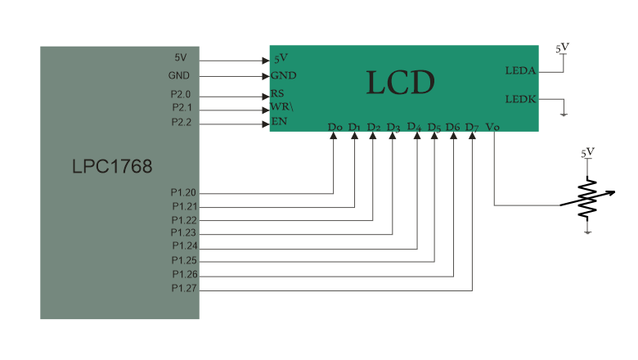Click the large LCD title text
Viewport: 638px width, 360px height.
point(400,83)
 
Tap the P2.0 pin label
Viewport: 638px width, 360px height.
point(181,95)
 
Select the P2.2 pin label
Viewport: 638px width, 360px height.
point(181,123)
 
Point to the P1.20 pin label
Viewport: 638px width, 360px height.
point(183,193)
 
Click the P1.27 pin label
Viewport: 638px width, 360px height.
point(183,289)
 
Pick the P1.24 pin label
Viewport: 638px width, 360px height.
point(183,245)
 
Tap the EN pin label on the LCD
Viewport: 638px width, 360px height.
point(279,123)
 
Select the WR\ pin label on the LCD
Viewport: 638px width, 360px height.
point(281,108)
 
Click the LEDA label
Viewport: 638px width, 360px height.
point(520,70)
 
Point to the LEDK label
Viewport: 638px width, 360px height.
point(520,99)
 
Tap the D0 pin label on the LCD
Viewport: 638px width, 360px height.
point(334,127)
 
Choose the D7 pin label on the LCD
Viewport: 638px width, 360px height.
point(471,127)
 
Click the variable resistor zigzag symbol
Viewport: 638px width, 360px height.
point(587,199)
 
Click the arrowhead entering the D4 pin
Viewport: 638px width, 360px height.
point(417,136)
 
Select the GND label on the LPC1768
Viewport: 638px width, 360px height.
point(179,75)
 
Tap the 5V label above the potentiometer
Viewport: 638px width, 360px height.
point(587,152)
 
